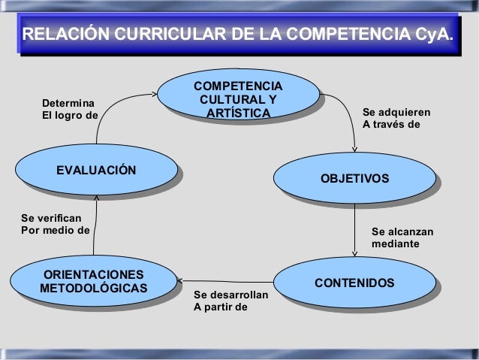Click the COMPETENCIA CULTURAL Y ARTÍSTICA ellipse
coord(238,98)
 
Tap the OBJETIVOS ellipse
coord(354,178)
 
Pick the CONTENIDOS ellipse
coord(354,283)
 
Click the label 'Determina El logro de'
coord(69,108)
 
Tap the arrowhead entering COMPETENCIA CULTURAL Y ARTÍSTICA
coord(154,95)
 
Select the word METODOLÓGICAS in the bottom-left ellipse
coord(94,288)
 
